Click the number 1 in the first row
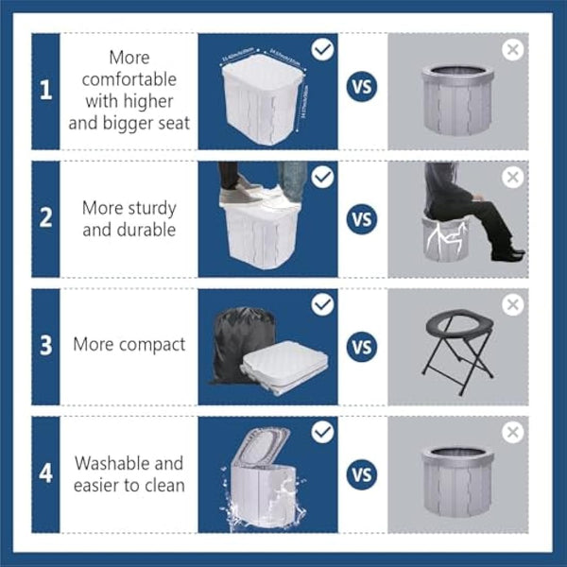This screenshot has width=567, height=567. tap(45, 92)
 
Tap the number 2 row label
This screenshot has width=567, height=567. tap(45, 217)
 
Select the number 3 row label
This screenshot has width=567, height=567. tap(45, 345)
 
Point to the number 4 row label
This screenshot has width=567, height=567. tap(45, 472)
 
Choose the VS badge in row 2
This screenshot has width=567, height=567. tap(362, 218)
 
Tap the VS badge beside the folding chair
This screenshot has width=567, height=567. tap(362, 346)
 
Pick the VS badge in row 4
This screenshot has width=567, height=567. tap(362, 473)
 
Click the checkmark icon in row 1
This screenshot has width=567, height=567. tap(323, 49)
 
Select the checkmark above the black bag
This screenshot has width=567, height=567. tap(323, 304)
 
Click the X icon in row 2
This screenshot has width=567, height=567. tap(512, 177)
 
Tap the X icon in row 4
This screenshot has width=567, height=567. tap(512, 432)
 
